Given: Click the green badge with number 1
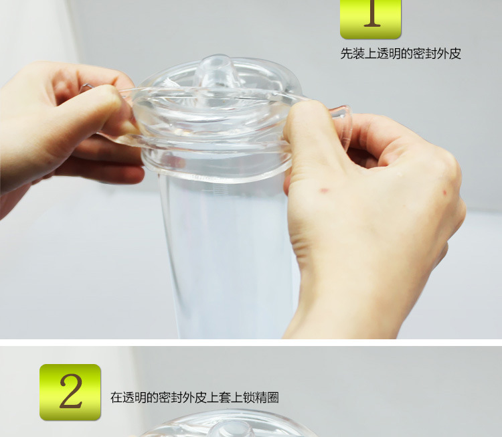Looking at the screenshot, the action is coord(370,19).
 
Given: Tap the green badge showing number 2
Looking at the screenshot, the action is coord(70,392).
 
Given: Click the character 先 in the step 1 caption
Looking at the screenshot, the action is coord(347,54).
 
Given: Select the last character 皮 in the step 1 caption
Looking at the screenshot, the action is coord(455,54).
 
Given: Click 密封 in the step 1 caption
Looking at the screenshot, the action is coord(425,54).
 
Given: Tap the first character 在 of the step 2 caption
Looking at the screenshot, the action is coord(116,398).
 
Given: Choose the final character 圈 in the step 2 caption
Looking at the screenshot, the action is coord(273,398).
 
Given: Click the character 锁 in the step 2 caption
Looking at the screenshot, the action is coord(249,398).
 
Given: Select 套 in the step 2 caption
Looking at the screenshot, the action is coord(225,398).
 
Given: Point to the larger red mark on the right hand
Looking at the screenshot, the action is coord(325,191).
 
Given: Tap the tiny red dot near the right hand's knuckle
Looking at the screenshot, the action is coord(444,193).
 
